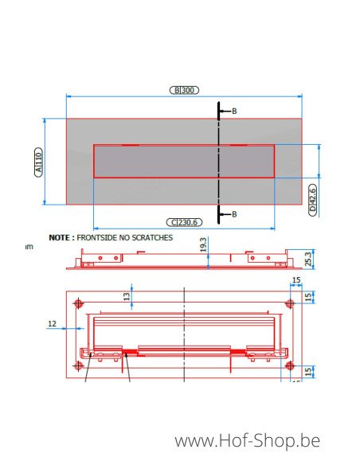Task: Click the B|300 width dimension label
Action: click(184, 90)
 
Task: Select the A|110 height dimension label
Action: click(39, 162)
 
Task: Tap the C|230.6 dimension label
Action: click(184, 223)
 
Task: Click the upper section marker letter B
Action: click(233, 111)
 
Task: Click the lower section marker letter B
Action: click(233, 214)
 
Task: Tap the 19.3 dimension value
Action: click(203, 245)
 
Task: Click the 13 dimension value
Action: click(127, 297)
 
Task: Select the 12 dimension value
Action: click(52, 323)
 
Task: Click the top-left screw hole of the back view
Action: click(78, 303)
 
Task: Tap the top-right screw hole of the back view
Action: click(289, 303)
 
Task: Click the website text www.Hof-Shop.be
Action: click(247, 440)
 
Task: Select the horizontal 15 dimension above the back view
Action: click(295, 280)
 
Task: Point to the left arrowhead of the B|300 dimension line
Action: click(68, 95)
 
